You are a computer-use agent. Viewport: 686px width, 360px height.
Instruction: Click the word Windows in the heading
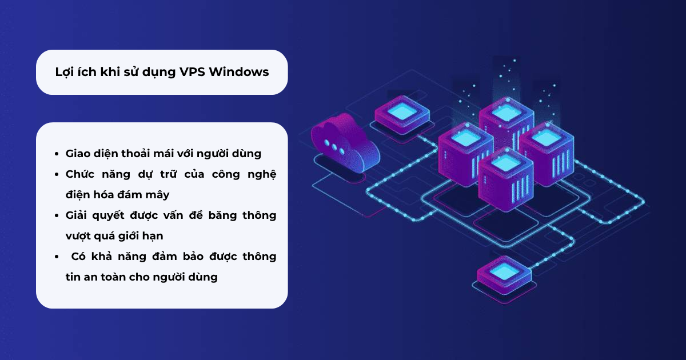(x=239, y=72)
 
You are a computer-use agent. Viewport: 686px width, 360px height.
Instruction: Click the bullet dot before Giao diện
(x=57, y=154)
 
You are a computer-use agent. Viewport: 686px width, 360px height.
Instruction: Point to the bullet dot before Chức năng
(x=57, y=174)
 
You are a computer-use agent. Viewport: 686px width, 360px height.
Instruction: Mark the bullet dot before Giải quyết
(x=57, y=215)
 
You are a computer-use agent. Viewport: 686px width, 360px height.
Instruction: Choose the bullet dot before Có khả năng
(x=57, y=257)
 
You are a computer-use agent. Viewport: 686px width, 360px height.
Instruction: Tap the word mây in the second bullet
(x=157, y=195)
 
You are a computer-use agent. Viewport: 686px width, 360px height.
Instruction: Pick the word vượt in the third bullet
(x=77, y=237)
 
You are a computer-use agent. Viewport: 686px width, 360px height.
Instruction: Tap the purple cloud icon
(x=345, y=144)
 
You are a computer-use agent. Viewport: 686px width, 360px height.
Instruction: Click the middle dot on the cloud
(x=334, y=147)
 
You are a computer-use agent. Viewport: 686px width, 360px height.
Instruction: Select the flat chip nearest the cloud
(x=402, y=115)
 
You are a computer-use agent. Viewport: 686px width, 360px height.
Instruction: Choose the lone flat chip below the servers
(x=504, y=275)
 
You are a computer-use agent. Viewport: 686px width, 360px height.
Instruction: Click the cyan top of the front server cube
(x=505, y=162)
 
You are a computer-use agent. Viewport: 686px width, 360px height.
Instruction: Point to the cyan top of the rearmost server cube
(x=506, y=113)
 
